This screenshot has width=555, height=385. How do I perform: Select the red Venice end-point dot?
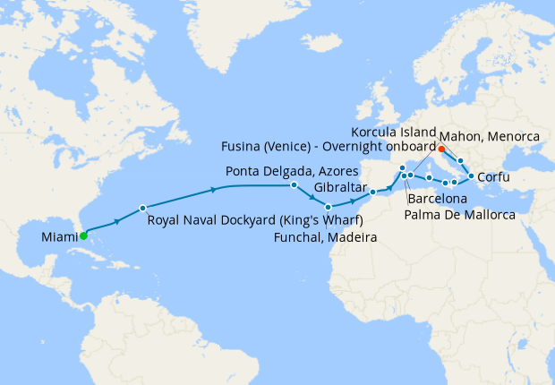click(x=441, y=148)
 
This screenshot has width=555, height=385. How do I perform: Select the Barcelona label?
click(x=437, y=198)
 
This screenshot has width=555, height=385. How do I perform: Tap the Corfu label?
click(x=494, y=178)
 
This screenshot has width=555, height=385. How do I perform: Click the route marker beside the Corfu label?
click(x=471, y=176)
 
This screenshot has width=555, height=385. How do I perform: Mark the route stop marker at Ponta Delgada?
click(x=294, y=185)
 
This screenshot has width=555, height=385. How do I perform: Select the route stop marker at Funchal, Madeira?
click(x=329, y=207)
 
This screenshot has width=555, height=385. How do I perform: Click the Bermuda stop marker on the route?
click(x=142, y=208)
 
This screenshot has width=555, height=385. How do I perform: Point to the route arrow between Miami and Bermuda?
click(x=116, y=220)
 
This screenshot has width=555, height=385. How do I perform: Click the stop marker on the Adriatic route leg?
click(x=460, y=161)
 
